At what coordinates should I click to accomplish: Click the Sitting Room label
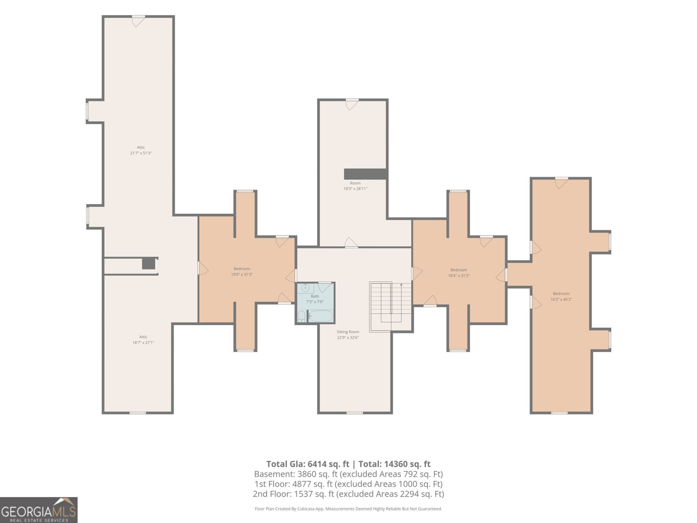(348, 332)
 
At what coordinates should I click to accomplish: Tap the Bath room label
(315, 296)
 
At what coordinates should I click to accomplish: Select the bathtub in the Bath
(321, 316)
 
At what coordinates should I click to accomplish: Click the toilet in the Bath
(301, 316)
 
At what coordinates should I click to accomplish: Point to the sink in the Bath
(305, 288)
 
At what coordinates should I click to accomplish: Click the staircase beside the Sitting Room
(390, 306)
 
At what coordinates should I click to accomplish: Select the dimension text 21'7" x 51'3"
(141, 153)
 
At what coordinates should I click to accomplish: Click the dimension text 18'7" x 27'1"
(143, 343)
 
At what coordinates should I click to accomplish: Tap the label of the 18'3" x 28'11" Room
(355, 183)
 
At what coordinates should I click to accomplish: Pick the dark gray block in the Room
(365, 174)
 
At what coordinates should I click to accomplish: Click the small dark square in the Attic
(148, 264)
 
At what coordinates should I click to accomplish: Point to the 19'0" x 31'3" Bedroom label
(242, 269)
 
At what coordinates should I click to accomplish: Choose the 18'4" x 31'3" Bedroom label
(459, 270)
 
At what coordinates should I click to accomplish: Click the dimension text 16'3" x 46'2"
(561, 299)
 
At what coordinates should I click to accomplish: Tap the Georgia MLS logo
(39, 510)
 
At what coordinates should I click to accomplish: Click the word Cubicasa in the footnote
(306, 509)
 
